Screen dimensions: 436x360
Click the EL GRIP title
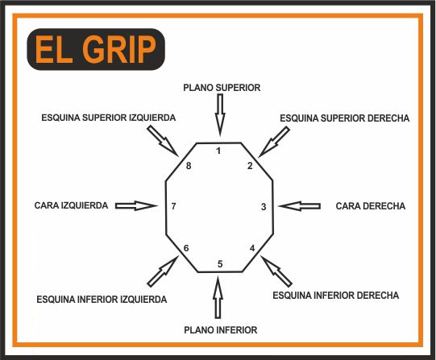pyautogui.click(x=96, y=49)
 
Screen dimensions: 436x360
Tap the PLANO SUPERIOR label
pyautogui.click(x=222, y=88)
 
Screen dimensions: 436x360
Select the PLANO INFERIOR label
pyautogui.click(x=221, y=330)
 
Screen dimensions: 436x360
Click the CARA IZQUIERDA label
pyautogui.click(x=71, y=205)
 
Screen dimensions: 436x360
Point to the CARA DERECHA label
pyautogui.click(x=371, y=206)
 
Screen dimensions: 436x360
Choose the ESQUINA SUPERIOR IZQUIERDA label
pyautogui.click(x=109, y=118)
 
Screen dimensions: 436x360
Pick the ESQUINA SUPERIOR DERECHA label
pyautogui.click(x=344, y=118)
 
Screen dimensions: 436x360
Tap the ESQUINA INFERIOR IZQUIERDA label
pyautogui.click(x=102, y=300)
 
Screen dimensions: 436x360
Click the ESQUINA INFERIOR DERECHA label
pyautogui.click(x=335, y=296)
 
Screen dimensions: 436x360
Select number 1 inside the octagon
pyautogui.click(x=218, y=151)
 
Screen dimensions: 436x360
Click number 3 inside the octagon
pyautogui.click(x=264, y=207)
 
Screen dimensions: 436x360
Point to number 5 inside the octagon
pyautogui.click(x=220, y=264)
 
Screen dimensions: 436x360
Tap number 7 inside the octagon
pyautogui.click(x=173, y=206)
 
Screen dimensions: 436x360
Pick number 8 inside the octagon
pyautogui.click(x=189, y=166)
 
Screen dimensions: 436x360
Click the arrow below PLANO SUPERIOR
pyautogui.click(x=220, y=115)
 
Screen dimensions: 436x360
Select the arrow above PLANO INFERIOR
pyautogui.click(x=218, y=297)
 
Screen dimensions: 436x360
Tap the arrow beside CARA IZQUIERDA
pyautogui.click(x=136, y=206)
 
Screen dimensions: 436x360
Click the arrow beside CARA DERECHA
pyautogui.click(x=299, y=206)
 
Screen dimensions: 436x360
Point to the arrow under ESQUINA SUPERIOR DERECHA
pyautogui.click(x=274, y=142)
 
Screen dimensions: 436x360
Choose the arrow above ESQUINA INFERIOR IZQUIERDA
pyautogui.click(x=162, y=271)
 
